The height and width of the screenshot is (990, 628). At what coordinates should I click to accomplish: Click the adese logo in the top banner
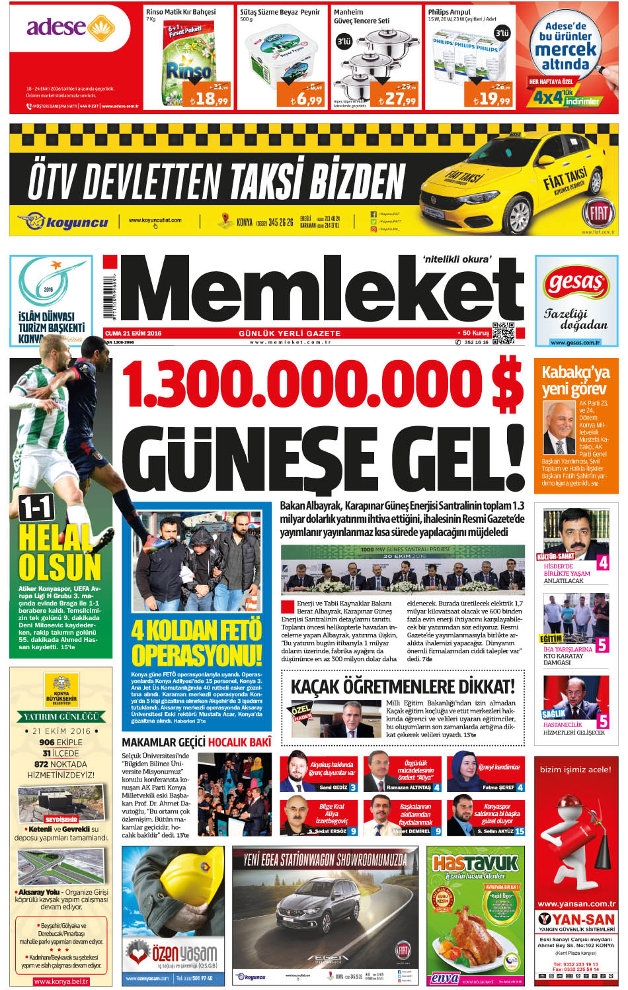point(70,28)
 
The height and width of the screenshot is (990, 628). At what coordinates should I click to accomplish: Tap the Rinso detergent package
point(188,60)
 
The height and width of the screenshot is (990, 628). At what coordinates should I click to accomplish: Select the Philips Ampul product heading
point(449,12)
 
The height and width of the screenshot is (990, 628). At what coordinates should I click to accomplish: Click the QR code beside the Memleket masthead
point(503,334)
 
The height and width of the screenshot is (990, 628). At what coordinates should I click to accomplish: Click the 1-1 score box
point(36,508)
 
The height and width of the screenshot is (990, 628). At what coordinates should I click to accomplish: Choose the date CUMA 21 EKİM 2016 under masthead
point(134,334)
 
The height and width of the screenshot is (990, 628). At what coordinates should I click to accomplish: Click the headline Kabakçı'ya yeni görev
point(574,380)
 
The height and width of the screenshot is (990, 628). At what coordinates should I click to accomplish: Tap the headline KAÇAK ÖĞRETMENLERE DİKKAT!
point(402,686)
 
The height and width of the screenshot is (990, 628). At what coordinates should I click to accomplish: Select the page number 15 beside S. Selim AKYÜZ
point(520,831)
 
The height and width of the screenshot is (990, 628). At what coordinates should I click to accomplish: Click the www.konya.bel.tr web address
point(61,981)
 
